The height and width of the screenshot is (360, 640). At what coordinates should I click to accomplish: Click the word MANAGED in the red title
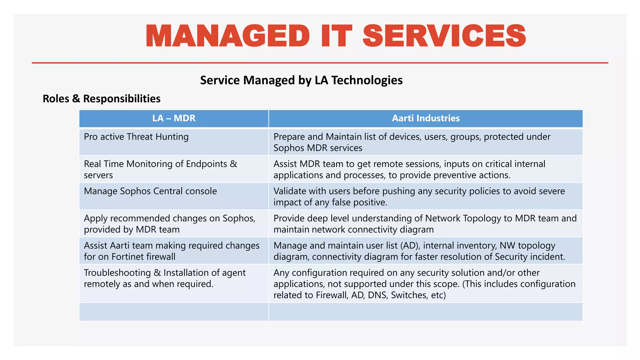[x=227, y=36]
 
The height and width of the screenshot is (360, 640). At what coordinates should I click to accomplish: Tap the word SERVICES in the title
[x=444, y=36]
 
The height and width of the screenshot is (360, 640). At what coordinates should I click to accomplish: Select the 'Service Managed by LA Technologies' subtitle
[x=301, y=80]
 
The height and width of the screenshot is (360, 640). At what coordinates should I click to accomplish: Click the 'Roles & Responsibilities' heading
[x=102, y=99]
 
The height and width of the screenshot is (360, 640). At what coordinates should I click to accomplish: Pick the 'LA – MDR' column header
[x=174, y=118]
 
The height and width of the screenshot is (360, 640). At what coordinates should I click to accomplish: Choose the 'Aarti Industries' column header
[x=426, y=118]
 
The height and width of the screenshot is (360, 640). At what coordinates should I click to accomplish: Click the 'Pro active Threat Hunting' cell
[x=136, y=137]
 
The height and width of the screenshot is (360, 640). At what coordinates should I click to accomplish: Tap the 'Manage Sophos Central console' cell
[x=150, y=191]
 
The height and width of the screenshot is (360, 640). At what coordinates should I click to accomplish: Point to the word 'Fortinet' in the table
[x=129, y=257]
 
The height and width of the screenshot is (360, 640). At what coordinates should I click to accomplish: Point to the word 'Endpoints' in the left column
[x=207, y=164]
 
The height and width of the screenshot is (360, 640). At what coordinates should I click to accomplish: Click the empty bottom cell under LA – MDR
[x=174, y=312]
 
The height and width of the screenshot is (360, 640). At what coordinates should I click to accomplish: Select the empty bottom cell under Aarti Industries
[x=426, y=312]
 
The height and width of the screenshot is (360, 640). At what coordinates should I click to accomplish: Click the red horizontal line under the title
[x=320, y=63]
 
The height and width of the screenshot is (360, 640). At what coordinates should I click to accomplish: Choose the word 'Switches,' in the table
[x=409, y=295]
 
